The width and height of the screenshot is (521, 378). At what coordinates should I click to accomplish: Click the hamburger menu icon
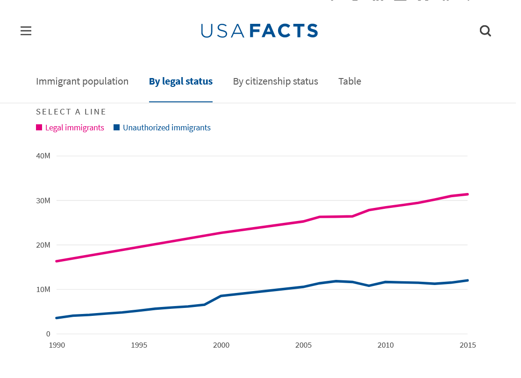26,31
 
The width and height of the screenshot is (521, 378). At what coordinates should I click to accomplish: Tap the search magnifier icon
485,31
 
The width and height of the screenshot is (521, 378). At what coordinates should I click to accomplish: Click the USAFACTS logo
260,31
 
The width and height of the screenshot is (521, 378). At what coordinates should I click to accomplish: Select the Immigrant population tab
82,81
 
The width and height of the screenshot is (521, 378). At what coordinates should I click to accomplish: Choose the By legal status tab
181,81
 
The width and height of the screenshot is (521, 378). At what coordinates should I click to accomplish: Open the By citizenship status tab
276,81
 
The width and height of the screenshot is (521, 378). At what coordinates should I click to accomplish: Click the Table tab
350,81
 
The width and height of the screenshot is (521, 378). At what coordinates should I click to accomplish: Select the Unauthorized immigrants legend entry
162,128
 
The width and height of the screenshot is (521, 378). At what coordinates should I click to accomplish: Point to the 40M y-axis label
43,156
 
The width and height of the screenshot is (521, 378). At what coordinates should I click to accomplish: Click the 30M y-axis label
43,200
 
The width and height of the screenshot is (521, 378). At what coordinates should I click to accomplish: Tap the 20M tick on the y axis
43,245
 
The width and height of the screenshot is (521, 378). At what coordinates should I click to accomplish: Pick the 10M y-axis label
43,289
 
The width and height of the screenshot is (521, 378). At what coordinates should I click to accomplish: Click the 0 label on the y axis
48,334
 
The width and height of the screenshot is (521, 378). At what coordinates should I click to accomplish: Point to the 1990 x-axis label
57,345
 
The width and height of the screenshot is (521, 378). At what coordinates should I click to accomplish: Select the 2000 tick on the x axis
221,345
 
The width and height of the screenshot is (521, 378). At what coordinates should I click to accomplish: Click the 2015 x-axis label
467,345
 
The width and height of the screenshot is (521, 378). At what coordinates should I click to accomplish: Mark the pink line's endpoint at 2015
467,194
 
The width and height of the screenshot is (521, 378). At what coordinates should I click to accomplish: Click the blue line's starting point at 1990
57,318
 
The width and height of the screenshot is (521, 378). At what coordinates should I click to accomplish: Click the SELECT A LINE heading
71,112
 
